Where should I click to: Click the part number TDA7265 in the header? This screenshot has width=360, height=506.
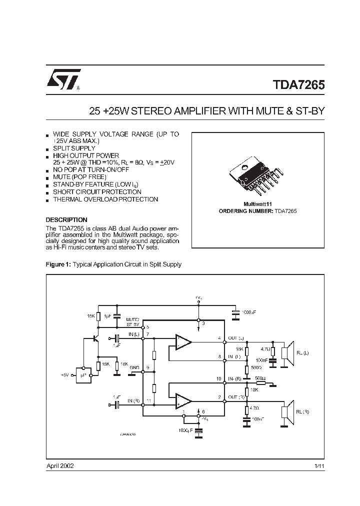click(298, 85)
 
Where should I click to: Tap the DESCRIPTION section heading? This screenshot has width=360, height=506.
click(66, 220)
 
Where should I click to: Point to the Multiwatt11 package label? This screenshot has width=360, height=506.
click(257, 204)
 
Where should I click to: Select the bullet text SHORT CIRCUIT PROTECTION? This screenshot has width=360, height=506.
click(97, 192)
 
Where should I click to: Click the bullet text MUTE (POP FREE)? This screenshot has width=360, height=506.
click(79, 177)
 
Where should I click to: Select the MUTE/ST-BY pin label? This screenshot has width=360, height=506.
click(132, 321)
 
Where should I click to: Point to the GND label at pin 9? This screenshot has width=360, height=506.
click(134, 367)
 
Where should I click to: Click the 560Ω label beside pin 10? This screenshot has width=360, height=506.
click(260, 378)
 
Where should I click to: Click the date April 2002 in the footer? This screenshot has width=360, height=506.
click(60, 465)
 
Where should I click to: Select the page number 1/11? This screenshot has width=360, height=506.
click(318, 465)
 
